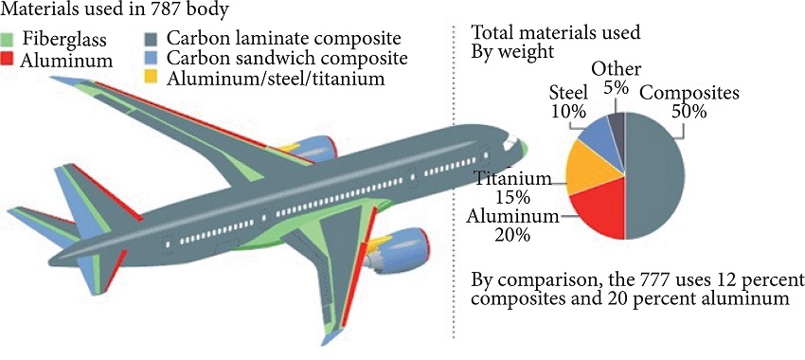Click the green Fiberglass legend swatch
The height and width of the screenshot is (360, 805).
(9, 41)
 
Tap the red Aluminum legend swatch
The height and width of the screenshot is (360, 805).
(9, 60)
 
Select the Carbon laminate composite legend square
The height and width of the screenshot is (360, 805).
(152, 41)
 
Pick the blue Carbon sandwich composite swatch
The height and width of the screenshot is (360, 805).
(152, 59)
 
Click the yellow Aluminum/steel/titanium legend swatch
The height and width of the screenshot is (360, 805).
(152, 78)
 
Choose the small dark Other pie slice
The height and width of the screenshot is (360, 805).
(617, 124)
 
